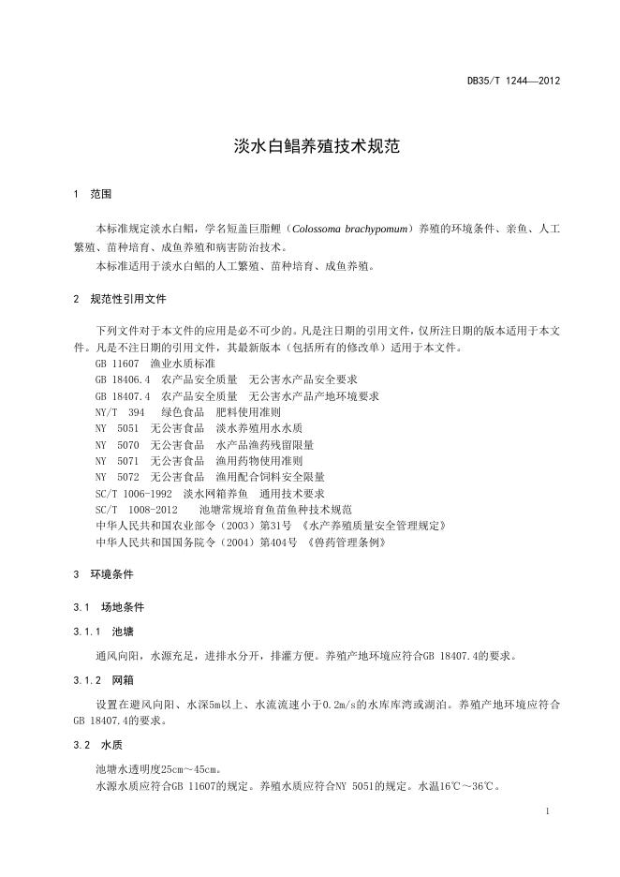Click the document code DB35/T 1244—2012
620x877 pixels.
[513, 82]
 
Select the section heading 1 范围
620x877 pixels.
[92, 194]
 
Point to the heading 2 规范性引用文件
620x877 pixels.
[119, 300]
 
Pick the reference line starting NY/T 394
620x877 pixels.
[187, 412]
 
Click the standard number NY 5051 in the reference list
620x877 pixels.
[117, 428]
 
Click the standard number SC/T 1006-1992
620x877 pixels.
[134, 493]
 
